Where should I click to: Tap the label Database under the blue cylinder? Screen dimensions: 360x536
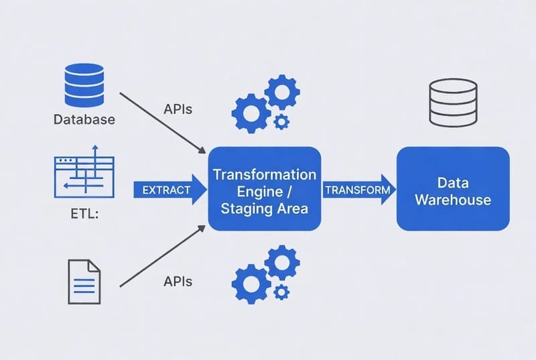pyautogui.click(x=84, y=120)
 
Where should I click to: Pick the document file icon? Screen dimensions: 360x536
pyautogui.click(x=84, y=281)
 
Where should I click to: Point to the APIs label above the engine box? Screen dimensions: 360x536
pyautogui.click(x=178, y=109)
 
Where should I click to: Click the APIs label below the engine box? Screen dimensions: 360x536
pyautogui.click(x=178, y=282)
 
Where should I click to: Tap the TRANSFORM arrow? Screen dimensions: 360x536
pyautogui.click(x=359, y=190)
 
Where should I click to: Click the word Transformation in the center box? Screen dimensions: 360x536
pyautogui.click(x=264, y=175)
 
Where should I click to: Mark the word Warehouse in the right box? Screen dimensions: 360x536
pyautogui.click(x=453, y=200)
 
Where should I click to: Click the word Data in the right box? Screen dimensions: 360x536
pyautogui.click(x=452, y=182)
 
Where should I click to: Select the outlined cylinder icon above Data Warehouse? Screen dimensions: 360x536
pyautogui.click(x=453, y=102)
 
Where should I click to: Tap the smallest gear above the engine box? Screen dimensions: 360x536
pyautogui.click(x=282, y=121)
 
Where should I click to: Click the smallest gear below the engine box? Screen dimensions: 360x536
pyautogui.click(x=282, y=292)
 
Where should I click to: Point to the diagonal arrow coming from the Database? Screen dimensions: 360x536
pyautogui.click(x=163, y=120)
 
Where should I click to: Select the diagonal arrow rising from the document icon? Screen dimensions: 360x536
pyautogui.click(x=163, y=257)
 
